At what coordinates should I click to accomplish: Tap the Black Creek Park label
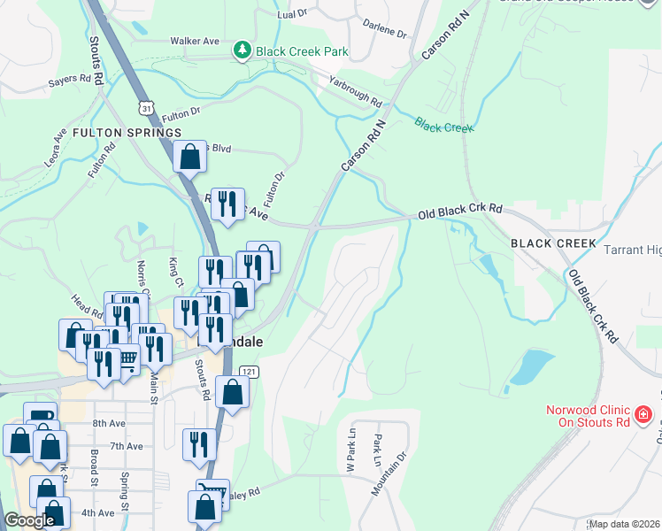click(302, 51)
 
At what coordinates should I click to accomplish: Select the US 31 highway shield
click(145, 106)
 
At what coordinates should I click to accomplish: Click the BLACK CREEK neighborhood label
click(553, 242)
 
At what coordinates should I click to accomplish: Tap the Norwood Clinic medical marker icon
click(643, 413)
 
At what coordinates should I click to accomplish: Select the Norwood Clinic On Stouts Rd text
click(586, 416)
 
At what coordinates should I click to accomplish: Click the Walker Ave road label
click(194, 41)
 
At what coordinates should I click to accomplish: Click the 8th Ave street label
click(110, 424)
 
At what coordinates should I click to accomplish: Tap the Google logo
click(29, 520)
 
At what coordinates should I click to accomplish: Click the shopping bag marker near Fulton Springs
click(189, 158)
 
